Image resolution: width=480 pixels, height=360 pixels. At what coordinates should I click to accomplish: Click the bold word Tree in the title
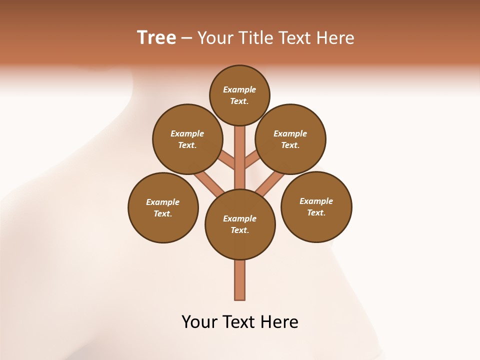click(156, 38)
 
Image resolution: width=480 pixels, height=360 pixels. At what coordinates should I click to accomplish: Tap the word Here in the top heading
click(335, 38)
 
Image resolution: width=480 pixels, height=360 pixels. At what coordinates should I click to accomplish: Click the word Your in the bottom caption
click(199, 322)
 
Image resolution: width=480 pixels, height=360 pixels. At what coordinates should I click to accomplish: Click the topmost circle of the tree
click(239, 95)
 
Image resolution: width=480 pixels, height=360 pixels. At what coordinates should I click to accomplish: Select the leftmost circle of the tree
click(163, 207)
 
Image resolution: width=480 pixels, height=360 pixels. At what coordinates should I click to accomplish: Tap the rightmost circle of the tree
click(316, 206)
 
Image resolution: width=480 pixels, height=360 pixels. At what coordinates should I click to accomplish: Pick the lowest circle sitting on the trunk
click(240, 224)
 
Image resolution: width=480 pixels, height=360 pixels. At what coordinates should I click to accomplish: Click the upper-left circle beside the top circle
click(187, 139)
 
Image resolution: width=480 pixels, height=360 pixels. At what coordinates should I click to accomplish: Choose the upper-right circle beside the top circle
click(290, 139)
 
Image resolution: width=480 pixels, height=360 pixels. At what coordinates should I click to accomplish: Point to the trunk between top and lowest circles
click(240, 160)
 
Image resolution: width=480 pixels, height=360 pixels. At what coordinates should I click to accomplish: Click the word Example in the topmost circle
click(239, 90)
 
